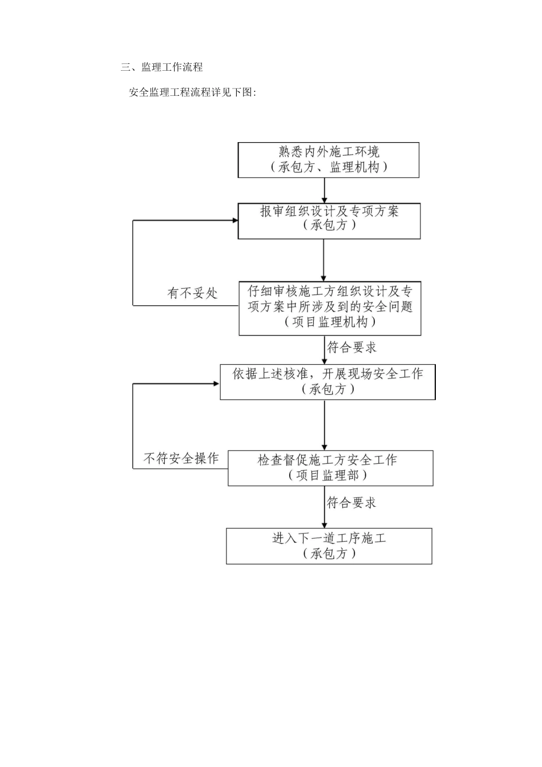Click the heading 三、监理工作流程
tap(161, 67)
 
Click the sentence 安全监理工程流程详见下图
tap(192, 92)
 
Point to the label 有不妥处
tap(192, 293)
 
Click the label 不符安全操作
tap(181, 458)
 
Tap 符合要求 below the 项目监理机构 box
tap(351, 347)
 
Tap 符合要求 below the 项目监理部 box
tap(351, 503)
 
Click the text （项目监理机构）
tap(330, 322)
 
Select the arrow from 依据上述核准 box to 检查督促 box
tap(325, 425)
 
